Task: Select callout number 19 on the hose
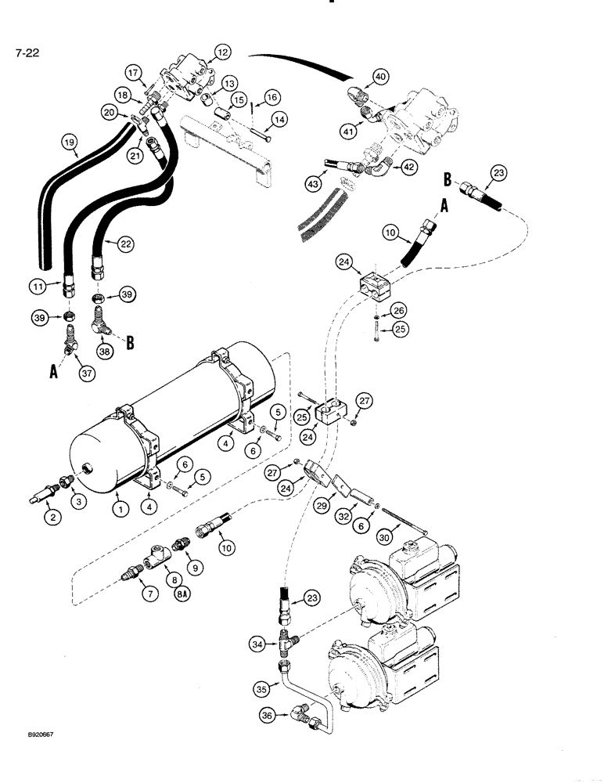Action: coord(70,143)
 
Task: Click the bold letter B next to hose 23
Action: coord(448,179)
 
